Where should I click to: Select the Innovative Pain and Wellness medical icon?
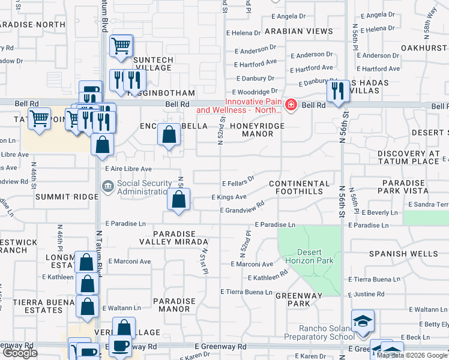(x=291, y=106)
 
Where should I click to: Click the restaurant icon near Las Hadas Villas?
(x=337, y=91)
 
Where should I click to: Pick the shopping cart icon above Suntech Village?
(x=121, y=46)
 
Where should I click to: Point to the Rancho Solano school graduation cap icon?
(x=363, y=321)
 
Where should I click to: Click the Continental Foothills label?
(x=300, y=187)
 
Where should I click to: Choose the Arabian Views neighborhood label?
(x=291, y=31)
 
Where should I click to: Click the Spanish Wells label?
(x=403, y=254)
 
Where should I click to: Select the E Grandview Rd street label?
(x=242, y=211)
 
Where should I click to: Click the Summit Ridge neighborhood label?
(x=58, y=197)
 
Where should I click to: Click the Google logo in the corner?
(x=20, y=353)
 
